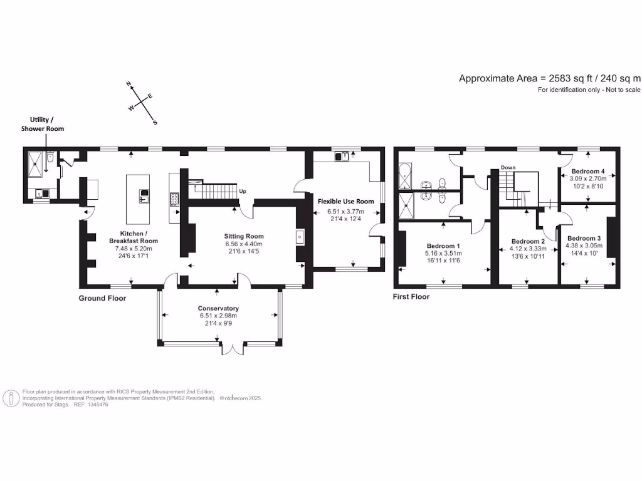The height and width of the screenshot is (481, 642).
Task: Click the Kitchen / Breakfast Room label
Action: point(133,236)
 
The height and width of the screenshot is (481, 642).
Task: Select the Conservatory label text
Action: point(218,308)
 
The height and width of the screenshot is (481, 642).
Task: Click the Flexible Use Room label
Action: point(345,201)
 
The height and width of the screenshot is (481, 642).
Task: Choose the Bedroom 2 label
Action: point(528,241)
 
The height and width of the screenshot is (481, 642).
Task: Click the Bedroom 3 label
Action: point(584,238)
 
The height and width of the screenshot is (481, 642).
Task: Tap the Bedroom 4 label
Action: point(587,171)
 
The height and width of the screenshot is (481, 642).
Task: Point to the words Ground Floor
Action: point(102,298)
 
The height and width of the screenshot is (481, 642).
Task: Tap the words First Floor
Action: point(411,296)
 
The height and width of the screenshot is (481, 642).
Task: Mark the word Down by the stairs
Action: point(508,167)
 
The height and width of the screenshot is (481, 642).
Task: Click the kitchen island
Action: point(140,199)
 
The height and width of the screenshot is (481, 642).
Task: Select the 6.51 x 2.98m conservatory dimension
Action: point(218,316)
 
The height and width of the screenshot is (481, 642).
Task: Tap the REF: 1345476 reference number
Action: point(91,405)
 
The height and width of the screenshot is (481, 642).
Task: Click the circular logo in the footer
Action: point(11,398)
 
